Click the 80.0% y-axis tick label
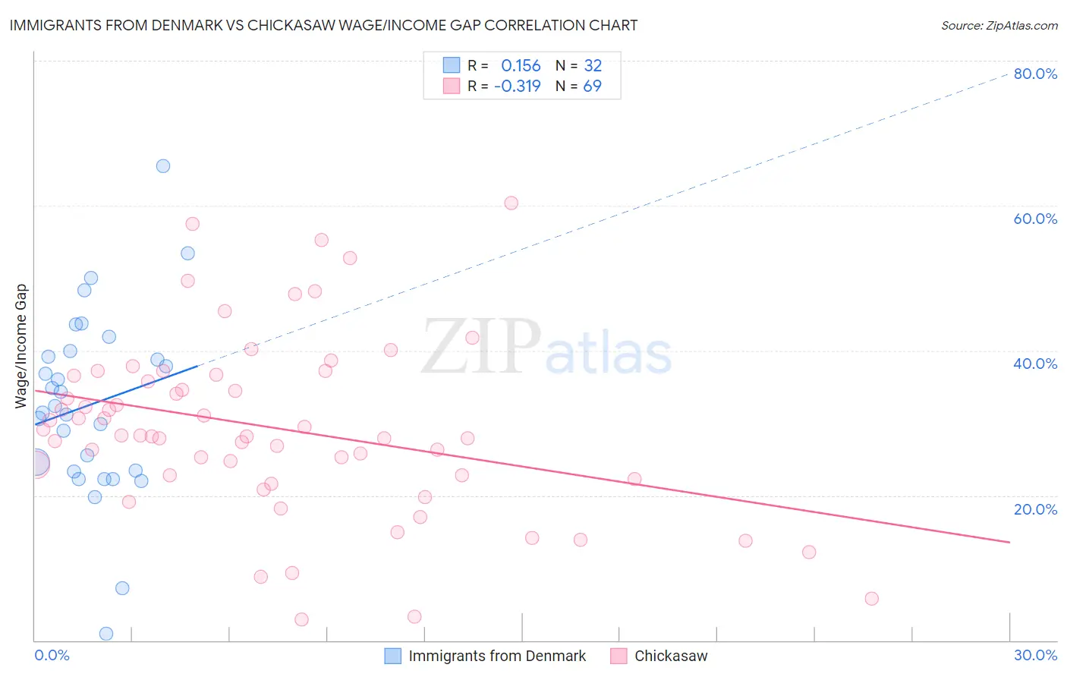pyautogui.click(x=1035, y=74)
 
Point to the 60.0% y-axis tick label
pyautogui.click(x=1035, y=219)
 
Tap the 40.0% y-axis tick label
pyautogui.click(x=1035, y=364)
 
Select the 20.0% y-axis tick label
pyautogui.click(x=1035, y=509)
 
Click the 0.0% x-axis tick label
pyautogui.click(x=52, y=655)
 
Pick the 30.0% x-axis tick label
pyautogui.click(x=1035, y=655)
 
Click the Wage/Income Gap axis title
pyautogui.click(x=21, y=346)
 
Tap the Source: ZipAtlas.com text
pyautogui.click(x=999, y=25)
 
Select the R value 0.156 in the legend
pyautogui.click(x=521, y=66)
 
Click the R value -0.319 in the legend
pyautogui.click(x=517, y=86)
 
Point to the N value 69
pyautogui.click(x=592, y=86)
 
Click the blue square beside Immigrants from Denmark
pyautogui.click(x=392, y=656)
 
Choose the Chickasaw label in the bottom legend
pyautogui.click(x=671, y=656)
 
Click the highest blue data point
pyautogui.click(x=163, y=166)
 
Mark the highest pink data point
pyautogui.click(x=511, y=203)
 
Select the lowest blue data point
pyautogui.click(x=106, y=634)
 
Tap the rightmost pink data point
pyautogui.click(x=871, y=599)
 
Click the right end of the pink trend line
pyautogui.click(x=1009, y=542)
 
